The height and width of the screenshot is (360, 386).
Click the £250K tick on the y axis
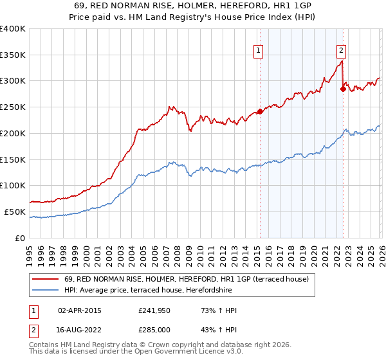(13, 107)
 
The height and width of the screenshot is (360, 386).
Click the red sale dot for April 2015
(260, 111)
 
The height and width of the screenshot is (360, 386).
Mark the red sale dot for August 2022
(343, 89)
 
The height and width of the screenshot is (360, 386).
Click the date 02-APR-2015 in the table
(80, 311)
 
